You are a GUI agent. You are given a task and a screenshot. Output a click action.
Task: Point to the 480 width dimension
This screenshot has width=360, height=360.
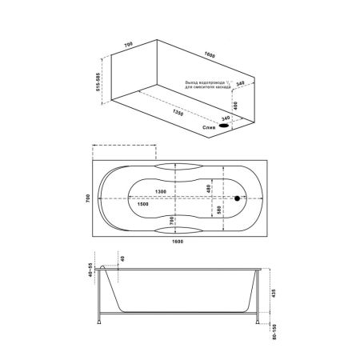(x=210, y=188)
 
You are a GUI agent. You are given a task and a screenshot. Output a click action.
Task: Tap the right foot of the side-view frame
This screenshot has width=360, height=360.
(x=258, y=325)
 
